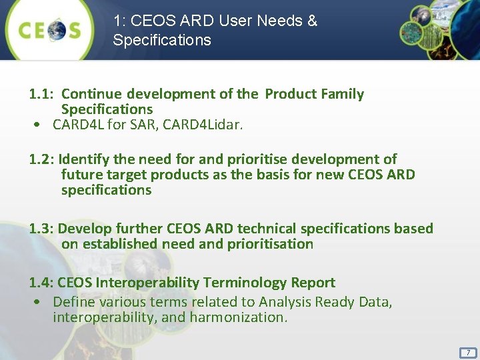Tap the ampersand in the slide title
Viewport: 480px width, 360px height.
[x=312, y=21]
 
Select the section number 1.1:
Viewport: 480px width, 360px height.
[x=42, y=94]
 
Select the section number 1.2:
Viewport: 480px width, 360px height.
[x=42, y=159]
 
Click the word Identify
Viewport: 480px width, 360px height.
[x=85, y=159]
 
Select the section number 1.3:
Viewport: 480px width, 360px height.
[x=42, y=229]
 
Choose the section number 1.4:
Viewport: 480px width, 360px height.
[x=42, y=283]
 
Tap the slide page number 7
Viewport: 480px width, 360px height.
[x=468, y=352]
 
